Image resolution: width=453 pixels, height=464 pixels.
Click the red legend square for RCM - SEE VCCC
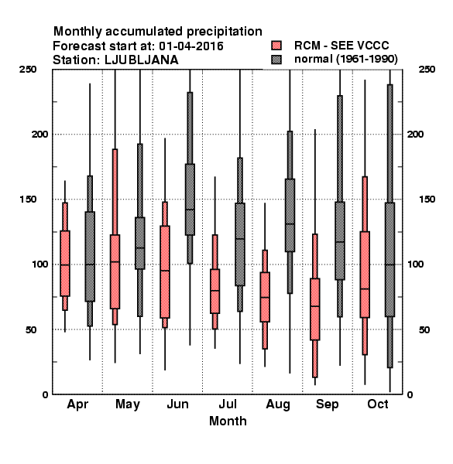276,46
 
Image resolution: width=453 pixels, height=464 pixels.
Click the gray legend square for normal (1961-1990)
276,60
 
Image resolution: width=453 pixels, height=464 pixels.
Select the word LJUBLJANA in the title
142,60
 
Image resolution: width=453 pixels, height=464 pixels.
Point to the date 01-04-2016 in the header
191,46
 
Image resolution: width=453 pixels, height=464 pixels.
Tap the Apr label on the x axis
77,404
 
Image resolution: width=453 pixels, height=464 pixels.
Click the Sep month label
327,404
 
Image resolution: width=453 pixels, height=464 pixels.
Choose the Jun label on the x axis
177,404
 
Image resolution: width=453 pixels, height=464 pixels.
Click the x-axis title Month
228,421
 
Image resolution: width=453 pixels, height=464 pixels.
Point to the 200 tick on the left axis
39,134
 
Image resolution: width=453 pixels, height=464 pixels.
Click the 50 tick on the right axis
424,329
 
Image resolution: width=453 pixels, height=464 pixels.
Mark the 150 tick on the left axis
28,200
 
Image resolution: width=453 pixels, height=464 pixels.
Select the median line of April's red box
65,264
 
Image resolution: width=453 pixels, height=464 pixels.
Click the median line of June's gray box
190,210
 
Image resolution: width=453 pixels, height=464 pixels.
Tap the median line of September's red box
315,306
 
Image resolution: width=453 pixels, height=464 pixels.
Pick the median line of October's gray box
390,264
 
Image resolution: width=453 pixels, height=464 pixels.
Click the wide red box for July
214,292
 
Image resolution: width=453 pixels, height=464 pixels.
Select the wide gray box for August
290,216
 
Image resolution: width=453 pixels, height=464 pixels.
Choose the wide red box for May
115,272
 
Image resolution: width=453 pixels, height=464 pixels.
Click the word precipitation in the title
225,32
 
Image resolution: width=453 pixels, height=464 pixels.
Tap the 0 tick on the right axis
410,394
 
